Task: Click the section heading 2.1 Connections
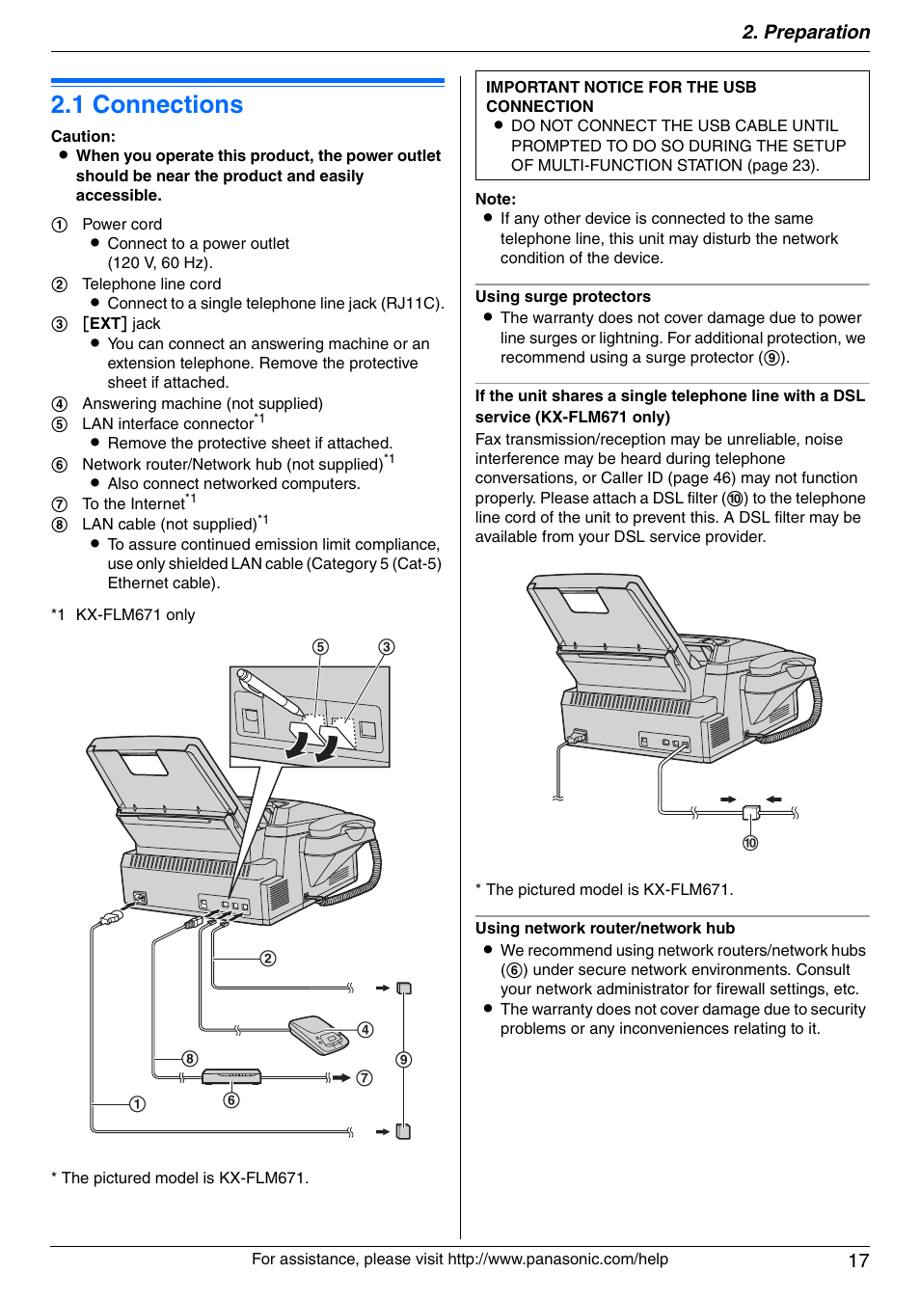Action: [147, 104]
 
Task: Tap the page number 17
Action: [858, 1260]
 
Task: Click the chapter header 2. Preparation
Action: [805, 32]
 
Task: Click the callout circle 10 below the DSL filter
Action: [750, 843]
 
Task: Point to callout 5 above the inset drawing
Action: [320, 647]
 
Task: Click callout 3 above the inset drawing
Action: [386, 647]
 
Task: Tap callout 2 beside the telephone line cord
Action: [268, 958]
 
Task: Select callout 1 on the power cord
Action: [137, 1103]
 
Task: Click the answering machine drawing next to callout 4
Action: [318, 1033]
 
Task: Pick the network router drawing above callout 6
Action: [231, 1076]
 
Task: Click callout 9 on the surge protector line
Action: [404, 1059]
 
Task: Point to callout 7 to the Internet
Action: [365, 1077]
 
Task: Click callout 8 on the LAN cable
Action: [190, 1058]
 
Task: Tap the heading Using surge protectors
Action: [562, 297]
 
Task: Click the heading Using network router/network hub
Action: [605, 928]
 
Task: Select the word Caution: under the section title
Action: [83, 136]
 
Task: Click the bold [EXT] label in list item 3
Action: [104, 323]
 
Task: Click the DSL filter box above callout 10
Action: [751, 814]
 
